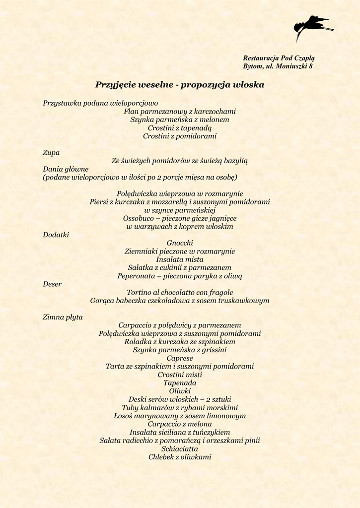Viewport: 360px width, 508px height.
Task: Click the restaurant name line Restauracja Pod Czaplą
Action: pos(279,58)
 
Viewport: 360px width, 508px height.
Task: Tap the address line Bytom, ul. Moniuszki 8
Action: pos(278,66)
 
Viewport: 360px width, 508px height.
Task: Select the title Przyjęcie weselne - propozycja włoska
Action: pos(180,85)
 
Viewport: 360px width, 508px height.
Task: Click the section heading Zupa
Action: pos(51,153)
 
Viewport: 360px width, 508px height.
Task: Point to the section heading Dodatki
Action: pos(56,235)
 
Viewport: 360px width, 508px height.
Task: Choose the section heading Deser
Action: pos(52,284)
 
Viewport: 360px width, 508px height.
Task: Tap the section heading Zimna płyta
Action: pos(63,317)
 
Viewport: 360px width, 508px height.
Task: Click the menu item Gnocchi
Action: pos(180,243)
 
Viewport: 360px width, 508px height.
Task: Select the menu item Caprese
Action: pos(180,358)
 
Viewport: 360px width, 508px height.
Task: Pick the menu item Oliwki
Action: pos(180,391)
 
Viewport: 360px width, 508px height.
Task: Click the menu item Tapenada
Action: pos(180,383)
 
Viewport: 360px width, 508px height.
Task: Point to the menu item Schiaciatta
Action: pos(180,448)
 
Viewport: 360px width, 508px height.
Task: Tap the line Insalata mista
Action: pos(180,259)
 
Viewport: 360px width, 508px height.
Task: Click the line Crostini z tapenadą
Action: pos(180,128)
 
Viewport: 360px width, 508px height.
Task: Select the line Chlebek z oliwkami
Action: pos(180,457)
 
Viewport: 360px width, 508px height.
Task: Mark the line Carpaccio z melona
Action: pos(180,424)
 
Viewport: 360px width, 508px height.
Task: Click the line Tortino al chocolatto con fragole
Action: pos(180,293)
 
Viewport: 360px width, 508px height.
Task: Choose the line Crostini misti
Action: pos(180,375)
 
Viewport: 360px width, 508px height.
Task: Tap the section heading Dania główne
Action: pos(66,169)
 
